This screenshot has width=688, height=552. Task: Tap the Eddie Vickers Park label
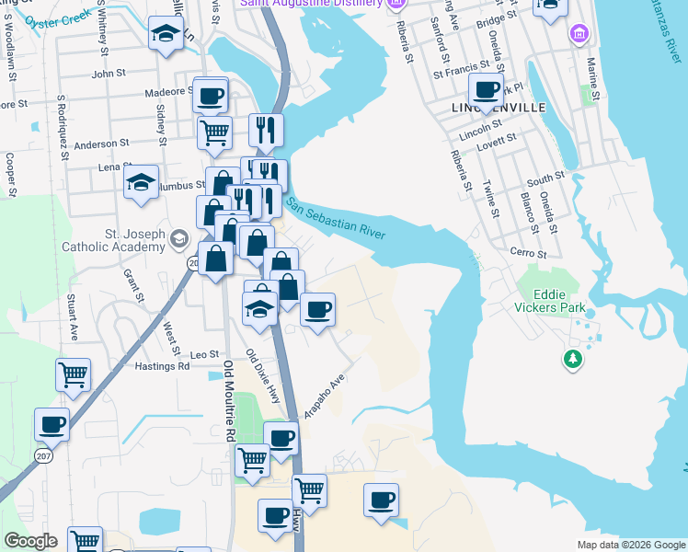point(555,294)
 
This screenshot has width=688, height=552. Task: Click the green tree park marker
point(573,357)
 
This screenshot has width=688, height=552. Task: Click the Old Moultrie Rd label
point(230,401)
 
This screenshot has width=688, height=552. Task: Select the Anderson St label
point(102,144)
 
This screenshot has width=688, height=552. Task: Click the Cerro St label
point(529,253)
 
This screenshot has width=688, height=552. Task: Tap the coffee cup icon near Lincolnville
point(486,90)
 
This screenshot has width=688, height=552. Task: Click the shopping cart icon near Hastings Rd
point(73,374)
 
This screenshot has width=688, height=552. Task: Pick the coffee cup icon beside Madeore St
point(210,94)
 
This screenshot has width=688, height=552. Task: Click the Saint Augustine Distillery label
point(312,4)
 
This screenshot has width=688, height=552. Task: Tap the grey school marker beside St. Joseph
point(178,240)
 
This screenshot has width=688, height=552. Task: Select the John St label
point(109,73)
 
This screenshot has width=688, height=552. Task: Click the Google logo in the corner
point(30,541)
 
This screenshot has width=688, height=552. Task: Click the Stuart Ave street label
point(72,317)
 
